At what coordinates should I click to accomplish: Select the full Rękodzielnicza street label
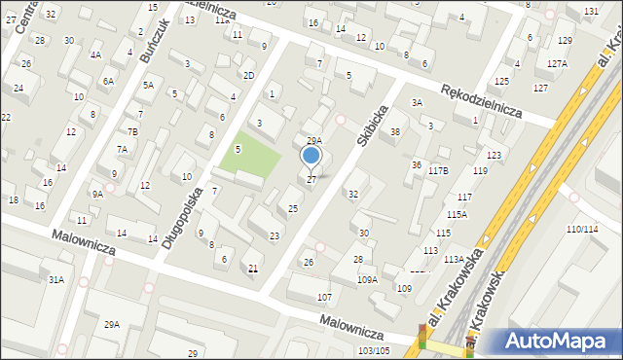click(481, 100)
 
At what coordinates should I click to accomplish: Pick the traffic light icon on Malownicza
click(422, 335)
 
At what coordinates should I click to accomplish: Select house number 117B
click(437, 171)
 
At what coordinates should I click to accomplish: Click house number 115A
click(457, 214)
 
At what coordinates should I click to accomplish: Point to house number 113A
click(453, 259)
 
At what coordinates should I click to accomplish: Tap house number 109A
click(366, 280)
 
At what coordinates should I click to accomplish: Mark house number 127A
click(556, 63)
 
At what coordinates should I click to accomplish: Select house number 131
click(591, 11)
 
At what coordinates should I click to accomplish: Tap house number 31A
click(56, 280)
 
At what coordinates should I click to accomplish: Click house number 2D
click(248, 75)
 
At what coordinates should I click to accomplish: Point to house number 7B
click(132, 131)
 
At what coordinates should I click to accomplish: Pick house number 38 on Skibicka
click(394, 131)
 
